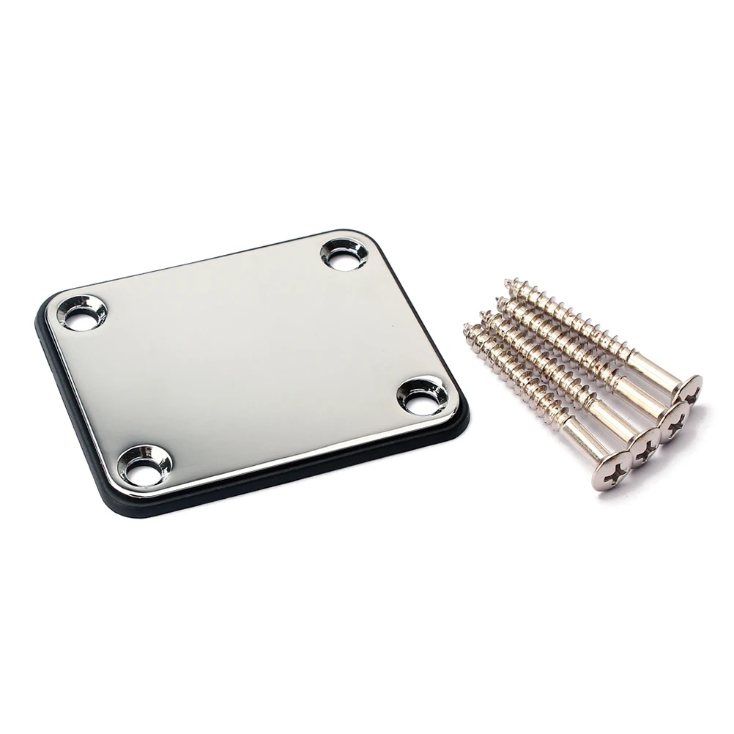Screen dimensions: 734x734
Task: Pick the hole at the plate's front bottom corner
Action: pyautogui.click(x=145, y=465)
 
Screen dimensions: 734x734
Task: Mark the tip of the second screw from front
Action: pyautogui.click(x=483, y=315)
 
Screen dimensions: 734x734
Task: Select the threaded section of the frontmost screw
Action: pyautogui.click(x=513, y=374)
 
